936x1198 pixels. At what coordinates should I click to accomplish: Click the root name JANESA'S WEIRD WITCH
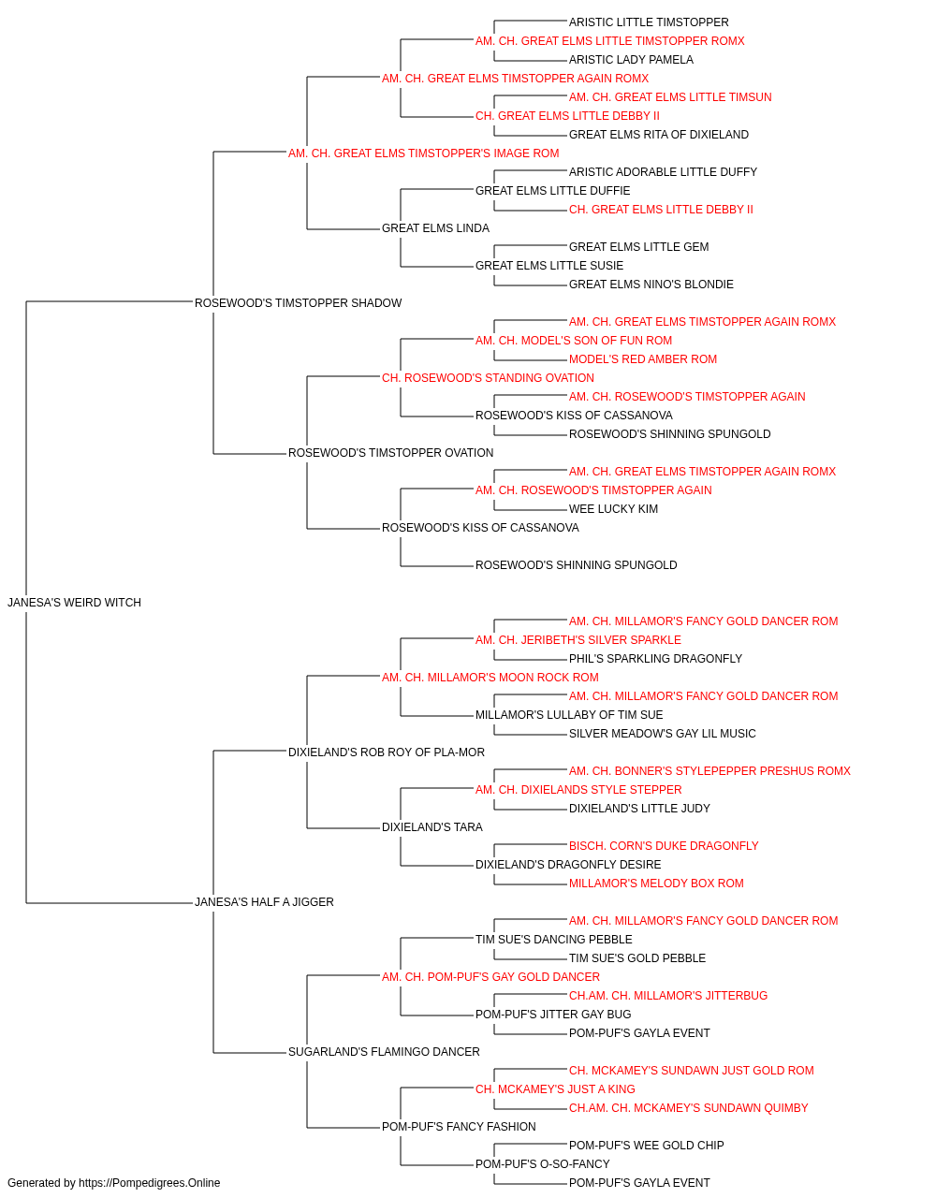(x=75, y=603)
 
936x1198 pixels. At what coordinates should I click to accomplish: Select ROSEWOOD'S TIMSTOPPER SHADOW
(x=299, y=303)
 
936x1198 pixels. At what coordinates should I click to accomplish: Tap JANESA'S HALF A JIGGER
(x=264, y=902)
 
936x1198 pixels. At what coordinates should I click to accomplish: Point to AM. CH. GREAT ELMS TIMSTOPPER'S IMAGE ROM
(x=423, y=153)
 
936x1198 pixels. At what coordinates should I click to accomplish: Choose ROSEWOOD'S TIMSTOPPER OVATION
(x=391, y=453)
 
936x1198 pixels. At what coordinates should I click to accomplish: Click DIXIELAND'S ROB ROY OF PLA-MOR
(x=387, y=752)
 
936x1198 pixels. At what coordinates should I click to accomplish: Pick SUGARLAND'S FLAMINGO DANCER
(x=384, y=1052)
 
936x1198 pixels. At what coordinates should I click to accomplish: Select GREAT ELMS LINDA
(x=435, y=228)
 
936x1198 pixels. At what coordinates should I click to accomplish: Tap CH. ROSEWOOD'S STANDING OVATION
(x=488, y=378)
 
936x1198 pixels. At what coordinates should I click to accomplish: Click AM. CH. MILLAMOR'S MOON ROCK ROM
(x=490, y=678)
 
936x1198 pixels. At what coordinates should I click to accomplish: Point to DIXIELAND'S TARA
(x=432, y=827)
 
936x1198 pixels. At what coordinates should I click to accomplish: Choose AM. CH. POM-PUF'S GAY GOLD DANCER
(x=490, y=977)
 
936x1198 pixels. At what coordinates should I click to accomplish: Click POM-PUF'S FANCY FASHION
(x=459, y=1127)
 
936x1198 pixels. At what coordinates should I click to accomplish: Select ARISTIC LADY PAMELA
(x=631, y=60)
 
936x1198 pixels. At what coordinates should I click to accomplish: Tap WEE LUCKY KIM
(x=613, y=509)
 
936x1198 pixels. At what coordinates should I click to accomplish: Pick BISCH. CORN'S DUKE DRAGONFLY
(x=664, y=846)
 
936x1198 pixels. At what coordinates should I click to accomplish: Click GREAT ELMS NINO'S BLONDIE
(x=651, y=285)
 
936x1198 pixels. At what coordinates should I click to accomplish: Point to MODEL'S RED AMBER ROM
(x=643, y=359)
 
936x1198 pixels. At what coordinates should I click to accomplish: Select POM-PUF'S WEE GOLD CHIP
(x=646, y=1146)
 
